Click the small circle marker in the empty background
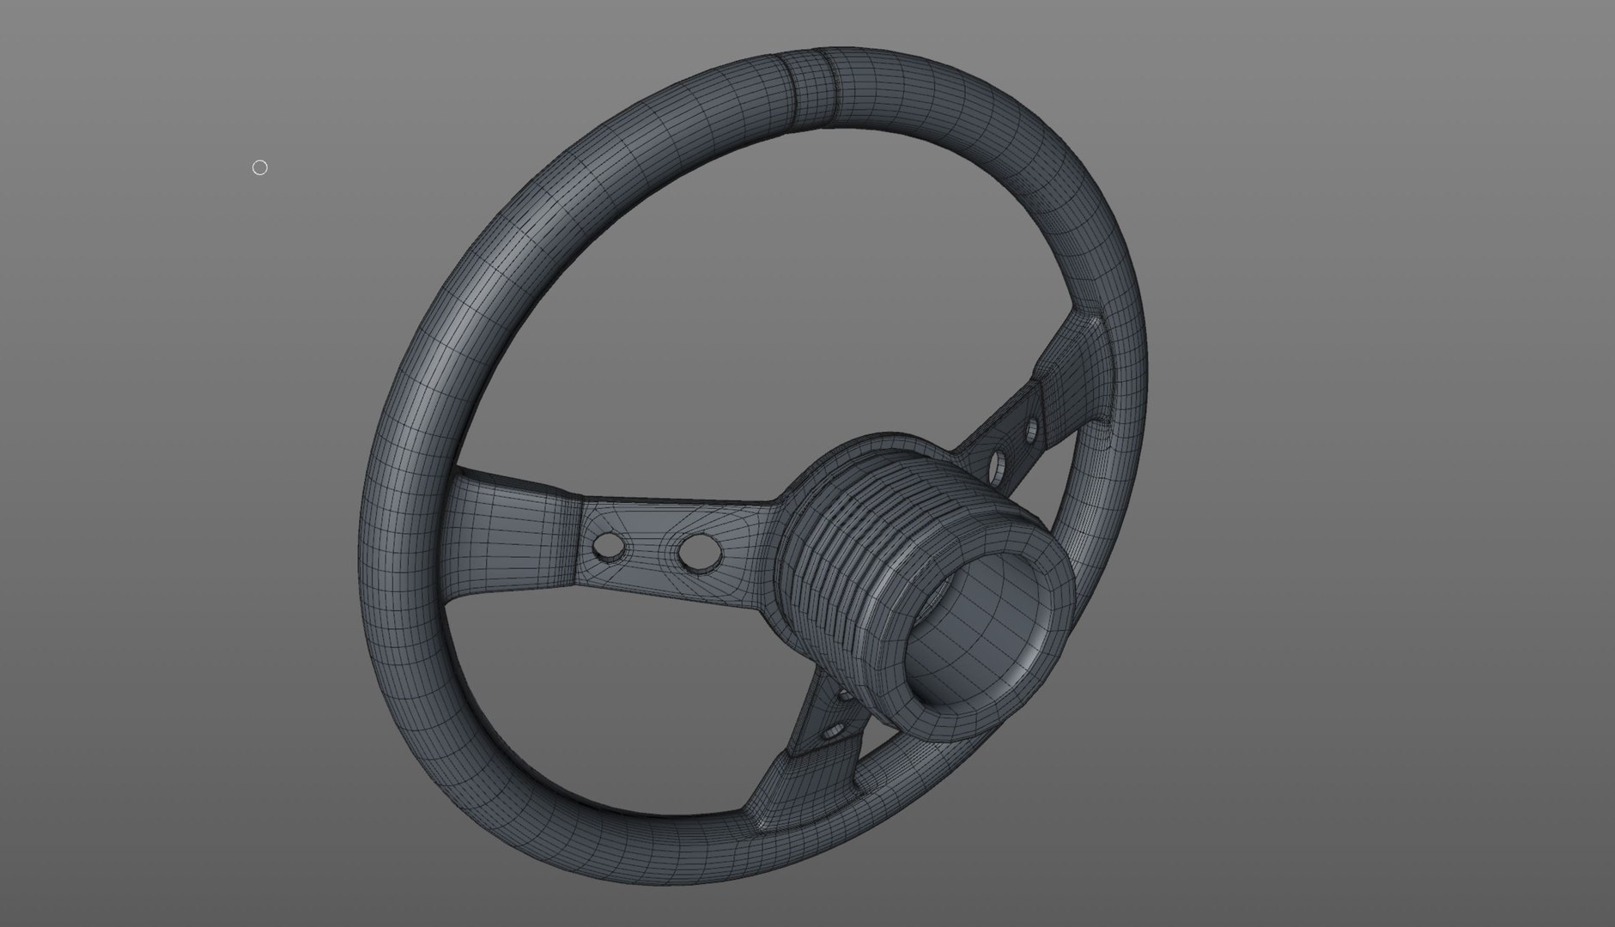click(260, 167)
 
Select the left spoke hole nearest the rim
click(610, 547)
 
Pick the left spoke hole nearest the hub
click(698, 552)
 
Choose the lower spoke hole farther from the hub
click(831, 732)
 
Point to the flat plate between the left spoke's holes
click(654, 549)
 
